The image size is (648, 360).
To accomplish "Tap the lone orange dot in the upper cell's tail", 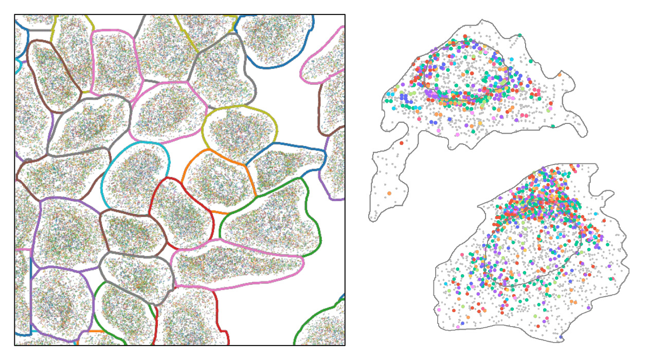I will [389, 193].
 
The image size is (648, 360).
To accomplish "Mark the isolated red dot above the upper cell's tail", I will [401, 142].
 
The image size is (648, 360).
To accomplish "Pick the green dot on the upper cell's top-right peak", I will [520, 35].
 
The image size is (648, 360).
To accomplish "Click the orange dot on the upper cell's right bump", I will [559, 75].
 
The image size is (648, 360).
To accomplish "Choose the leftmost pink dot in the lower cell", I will [438, 310].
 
